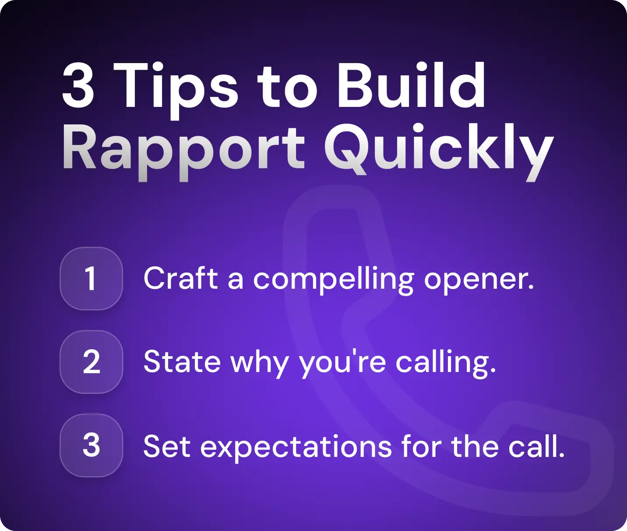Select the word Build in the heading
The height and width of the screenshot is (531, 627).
click(411, 85)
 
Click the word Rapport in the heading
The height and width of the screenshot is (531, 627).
click(183, 149)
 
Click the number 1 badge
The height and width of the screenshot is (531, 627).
click(91, 279)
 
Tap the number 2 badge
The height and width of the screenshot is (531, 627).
click(91, 362)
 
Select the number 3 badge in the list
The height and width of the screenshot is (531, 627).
click(91, 445)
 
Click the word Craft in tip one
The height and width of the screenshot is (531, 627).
click(180, 278)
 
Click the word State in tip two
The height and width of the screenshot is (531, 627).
click(182, 362)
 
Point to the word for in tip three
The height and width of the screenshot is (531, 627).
click(421, 446)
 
